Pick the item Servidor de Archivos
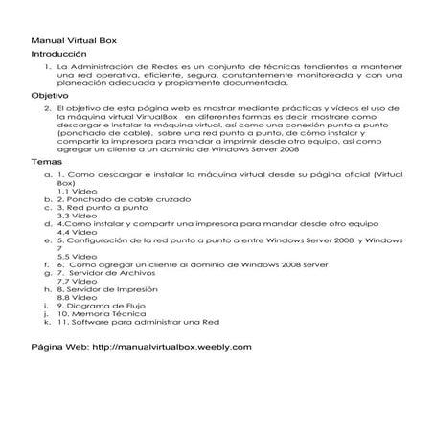coord(111,273)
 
